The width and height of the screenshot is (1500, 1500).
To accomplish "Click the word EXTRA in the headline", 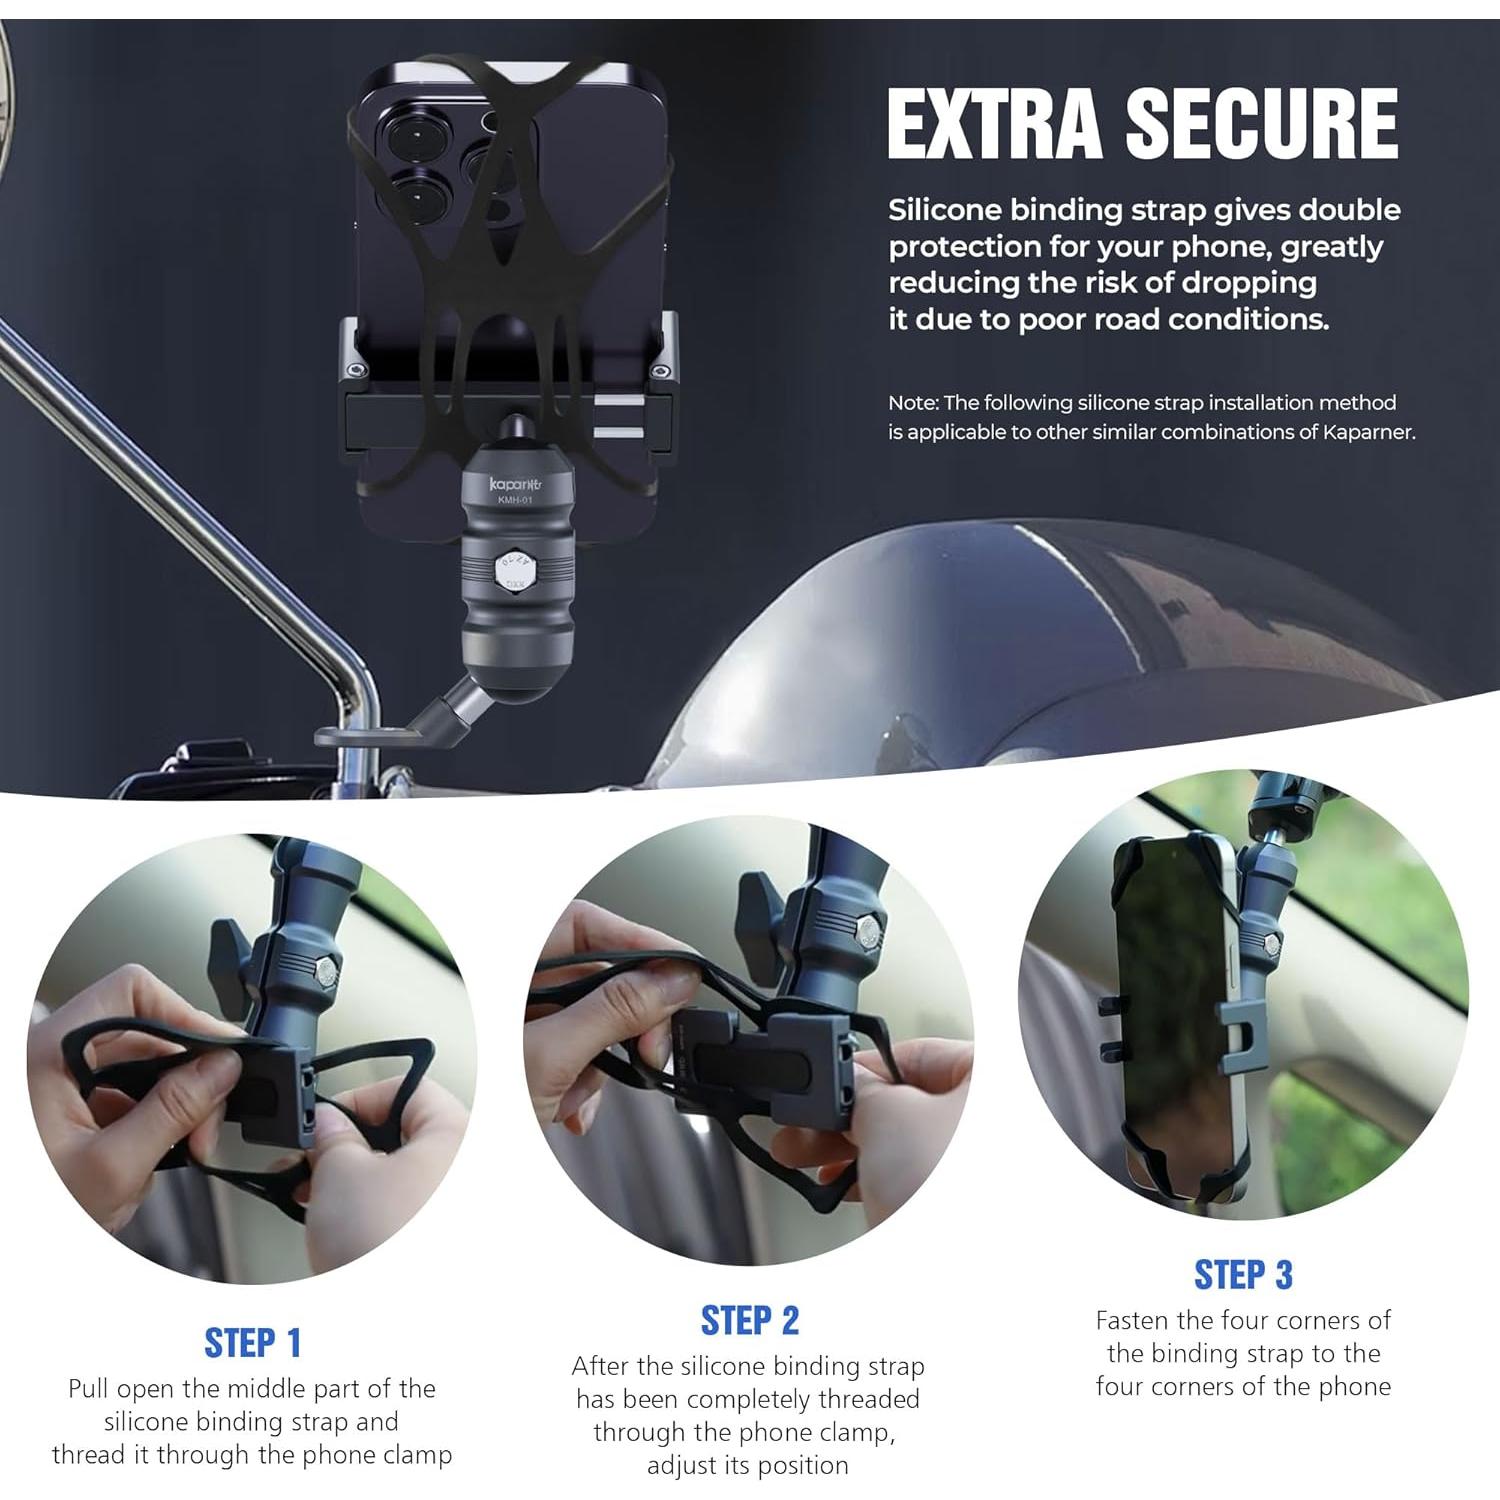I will click(x=999, y=123).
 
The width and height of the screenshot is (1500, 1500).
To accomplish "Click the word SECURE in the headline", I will click(x=1262, y=123).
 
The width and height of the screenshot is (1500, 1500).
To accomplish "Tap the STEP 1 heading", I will click(x=252, y=1343).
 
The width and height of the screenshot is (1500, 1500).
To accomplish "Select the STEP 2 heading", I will click(x=750, y=1320).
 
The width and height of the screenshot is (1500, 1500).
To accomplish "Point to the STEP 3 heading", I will click(x=1243, y=1275).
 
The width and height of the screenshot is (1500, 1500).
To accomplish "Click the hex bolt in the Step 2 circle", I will click(x=866, y=934).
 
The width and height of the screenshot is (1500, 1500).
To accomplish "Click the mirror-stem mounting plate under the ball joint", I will click(x=365, y=736).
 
